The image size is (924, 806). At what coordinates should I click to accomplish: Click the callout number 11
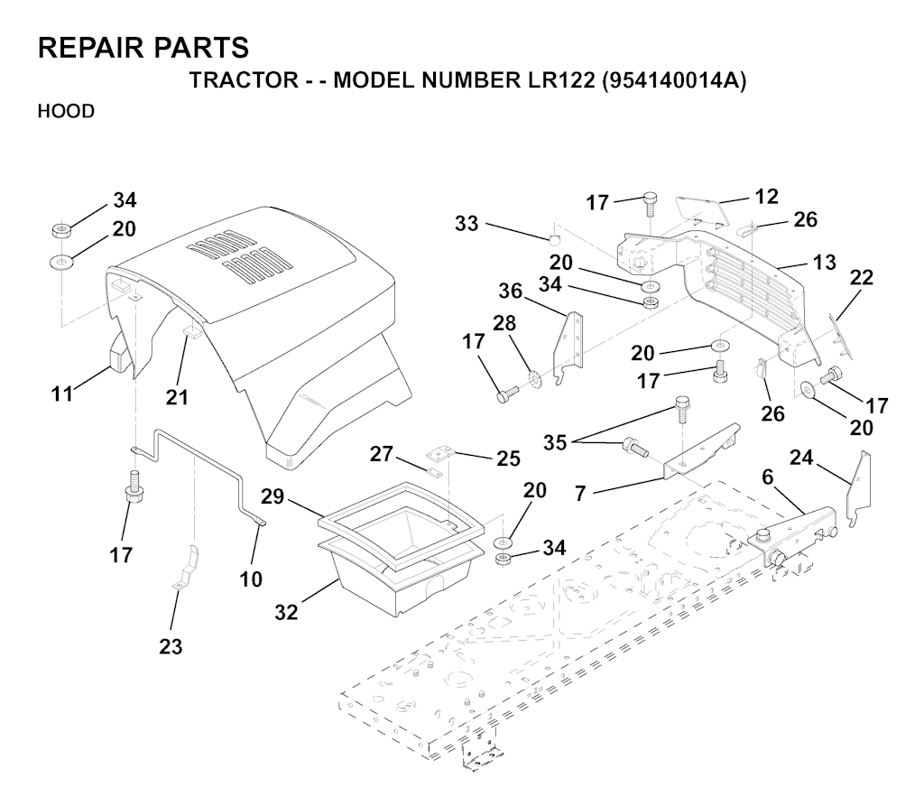point(62,394)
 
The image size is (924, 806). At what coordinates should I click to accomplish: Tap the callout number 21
point(177,397)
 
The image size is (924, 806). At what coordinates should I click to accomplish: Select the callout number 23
point(171,647)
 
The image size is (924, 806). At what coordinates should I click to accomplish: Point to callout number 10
point(251,579)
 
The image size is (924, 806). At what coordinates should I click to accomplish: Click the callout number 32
point(286,613)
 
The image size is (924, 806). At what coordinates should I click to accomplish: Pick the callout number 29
point(273,496)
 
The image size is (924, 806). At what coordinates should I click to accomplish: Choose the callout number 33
point(467,224)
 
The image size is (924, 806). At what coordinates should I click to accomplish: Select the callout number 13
point(824,262)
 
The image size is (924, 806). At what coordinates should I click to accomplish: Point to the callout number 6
point(767,477)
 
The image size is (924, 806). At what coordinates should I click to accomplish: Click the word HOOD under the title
point(66,111)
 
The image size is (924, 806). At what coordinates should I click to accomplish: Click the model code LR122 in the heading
point(558,80)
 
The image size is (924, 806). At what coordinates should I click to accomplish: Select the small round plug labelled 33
point(553,238)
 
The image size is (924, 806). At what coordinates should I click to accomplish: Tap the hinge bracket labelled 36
point(568,348)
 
